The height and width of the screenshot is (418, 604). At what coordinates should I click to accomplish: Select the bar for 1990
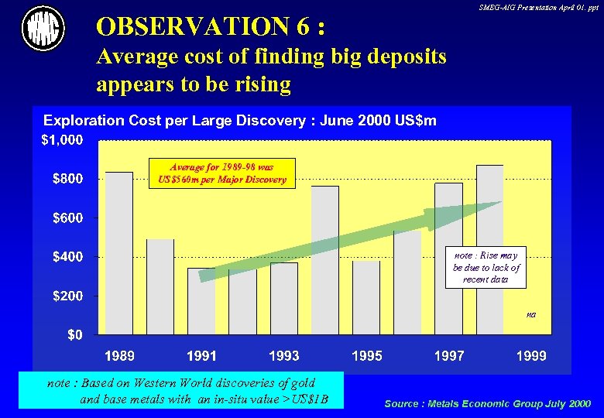point(160,286)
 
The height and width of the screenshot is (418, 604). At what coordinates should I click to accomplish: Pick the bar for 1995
point(366,297)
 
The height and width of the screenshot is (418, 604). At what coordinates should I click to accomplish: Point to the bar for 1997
point(448,259)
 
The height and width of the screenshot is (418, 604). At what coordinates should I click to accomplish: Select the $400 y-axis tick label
point(68,256)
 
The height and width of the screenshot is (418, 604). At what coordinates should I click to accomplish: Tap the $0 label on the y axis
point(75,335)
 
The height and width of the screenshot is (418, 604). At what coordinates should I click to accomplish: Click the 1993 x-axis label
point(284,356)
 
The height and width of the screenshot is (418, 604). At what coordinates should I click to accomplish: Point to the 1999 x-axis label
point(530,356)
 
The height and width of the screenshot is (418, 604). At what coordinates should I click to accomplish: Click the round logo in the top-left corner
point(43,29)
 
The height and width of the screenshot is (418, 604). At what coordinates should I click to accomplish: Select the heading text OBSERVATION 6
point(210,28)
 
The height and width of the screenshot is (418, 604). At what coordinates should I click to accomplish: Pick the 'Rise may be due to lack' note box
point(486,267)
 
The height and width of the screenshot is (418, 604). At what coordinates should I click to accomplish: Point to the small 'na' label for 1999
point(530,314)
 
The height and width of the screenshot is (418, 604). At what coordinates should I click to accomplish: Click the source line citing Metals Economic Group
point(487,403)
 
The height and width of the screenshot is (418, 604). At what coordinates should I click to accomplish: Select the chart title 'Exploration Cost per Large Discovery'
point(240,121)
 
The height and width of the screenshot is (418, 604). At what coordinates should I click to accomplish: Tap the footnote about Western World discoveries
point(187,391)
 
